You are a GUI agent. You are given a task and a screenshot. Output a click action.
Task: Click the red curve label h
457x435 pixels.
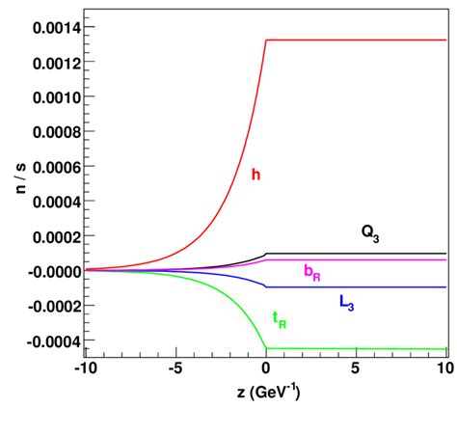[x=255, y=176]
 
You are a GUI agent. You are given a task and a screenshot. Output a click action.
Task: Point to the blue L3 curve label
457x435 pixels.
[x=347, y=302]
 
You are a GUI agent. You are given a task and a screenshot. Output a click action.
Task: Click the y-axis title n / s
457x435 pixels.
[x=20, y=179]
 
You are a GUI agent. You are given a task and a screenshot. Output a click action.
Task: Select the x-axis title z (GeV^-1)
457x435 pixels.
[x=264, y=394]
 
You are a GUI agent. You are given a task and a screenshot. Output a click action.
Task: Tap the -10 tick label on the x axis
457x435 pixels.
[x=86, y=369]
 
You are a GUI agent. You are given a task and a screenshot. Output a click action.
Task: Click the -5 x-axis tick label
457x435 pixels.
[x=175, y=369]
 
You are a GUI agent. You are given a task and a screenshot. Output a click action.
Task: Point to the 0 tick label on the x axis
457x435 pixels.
[x=266, y=369]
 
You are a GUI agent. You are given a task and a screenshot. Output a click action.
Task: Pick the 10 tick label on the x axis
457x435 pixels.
[x=444, y=369]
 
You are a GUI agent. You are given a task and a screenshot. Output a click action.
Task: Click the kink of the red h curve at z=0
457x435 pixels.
[x=266, y=41]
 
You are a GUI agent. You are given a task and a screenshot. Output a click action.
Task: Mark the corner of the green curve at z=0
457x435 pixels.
[x=266, y=348]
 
